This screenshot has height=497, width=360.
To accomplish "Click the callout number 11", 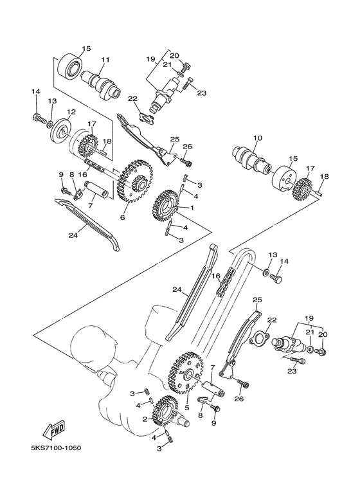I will click(105, 60).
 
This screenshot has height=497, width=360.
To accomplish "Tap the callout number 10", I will click(258, 138).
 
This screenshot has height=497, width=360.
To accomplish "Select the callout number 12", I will click(71, 112).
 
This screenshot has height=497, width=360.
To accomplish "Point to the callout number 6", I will click(122, 218).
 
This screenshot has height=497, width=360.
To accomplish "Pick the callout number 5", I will click(186, 407).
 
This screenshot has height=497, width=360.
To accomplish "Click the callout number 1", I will click(190, 208).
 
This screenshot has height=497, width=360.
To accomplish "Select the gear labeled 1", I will click(166, 204).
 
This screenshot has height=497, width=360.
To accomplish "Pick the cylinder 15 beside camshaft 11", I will click(71, 65).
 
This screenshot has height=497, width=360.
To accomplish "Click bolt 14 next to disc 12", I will click(37, 118).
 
